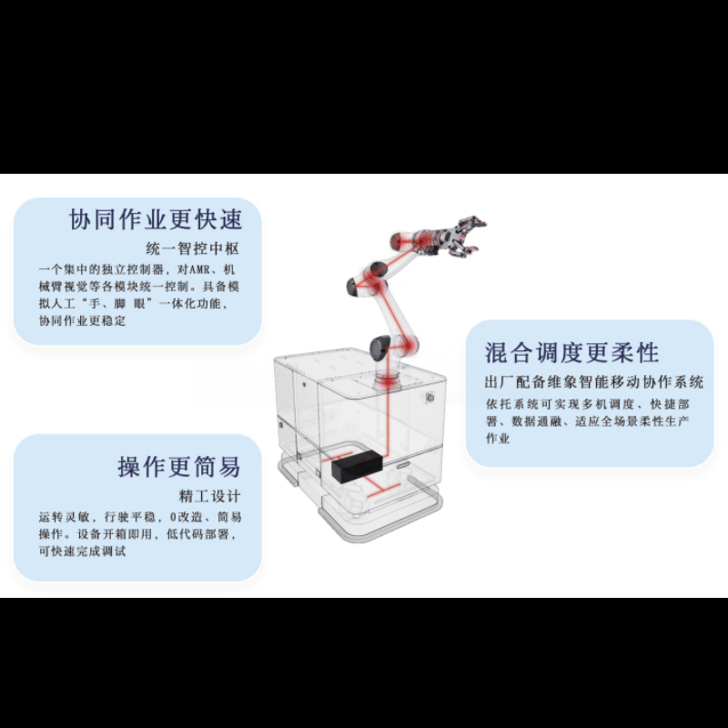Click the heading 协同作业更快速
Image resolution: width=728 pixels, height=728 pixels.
click(x=156, y=219)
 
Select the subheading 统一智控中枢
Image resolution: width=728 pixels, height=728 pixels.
click(x=193, y=248)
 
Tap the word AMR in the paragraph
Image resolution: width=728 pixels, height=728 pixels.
click(x=200, y=269)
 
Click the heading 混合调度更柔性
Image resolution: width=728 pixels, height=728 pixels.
click(x=572, y=352)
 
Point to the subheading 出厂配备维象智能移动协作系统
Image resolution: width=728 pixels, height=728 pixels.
click(x=594, y=381)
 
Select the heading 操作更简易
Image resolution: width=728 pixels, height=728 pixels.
click(x=179, y=466)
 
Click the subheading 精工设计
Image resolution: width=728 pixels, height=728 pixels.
click(x=210, y=496)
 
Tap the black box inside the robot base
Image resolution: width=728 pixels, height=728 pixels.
click(x=357, y=467)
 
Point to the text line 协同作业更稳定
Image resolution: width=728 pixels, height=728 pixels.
click(x=82, y=320)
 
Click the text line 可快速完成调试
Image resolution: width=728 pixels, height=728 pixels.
click(x=82, y=551)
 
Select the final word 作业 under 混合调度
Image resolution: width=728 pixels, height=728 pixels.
click(x=498, y=438)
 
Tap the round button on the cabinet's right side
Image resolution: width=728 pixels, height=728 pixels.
click(x=430, y=398)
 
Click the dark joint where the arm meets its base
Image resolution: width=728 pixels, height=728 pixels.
click(x=379, y=347)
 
